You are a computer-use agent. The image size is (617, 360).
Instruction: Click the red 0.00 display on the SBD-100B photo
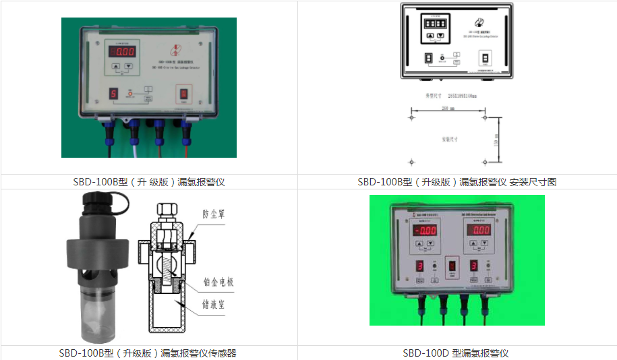[122, 51]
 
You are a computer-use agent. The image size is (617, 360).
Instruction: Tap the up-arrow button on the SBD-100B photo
[116, 66]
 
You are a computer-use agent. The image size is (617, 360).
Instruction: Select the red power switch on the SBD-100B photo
[182, 94]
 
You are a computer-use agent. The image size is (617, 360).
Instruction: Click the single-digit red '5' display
[113, 94]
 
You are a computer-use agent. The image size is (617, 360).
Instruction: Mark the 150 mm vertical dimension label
[495, 140]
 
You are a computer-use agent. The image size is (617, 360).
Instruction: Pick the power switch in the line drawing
[486, 59]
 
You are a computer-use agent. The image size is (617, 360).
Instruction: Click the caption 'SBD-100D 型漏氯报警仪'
[456, 353]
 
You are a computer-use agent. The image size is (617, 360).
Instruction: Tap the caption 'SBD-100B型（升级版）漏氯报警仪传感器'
[148, 353]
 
